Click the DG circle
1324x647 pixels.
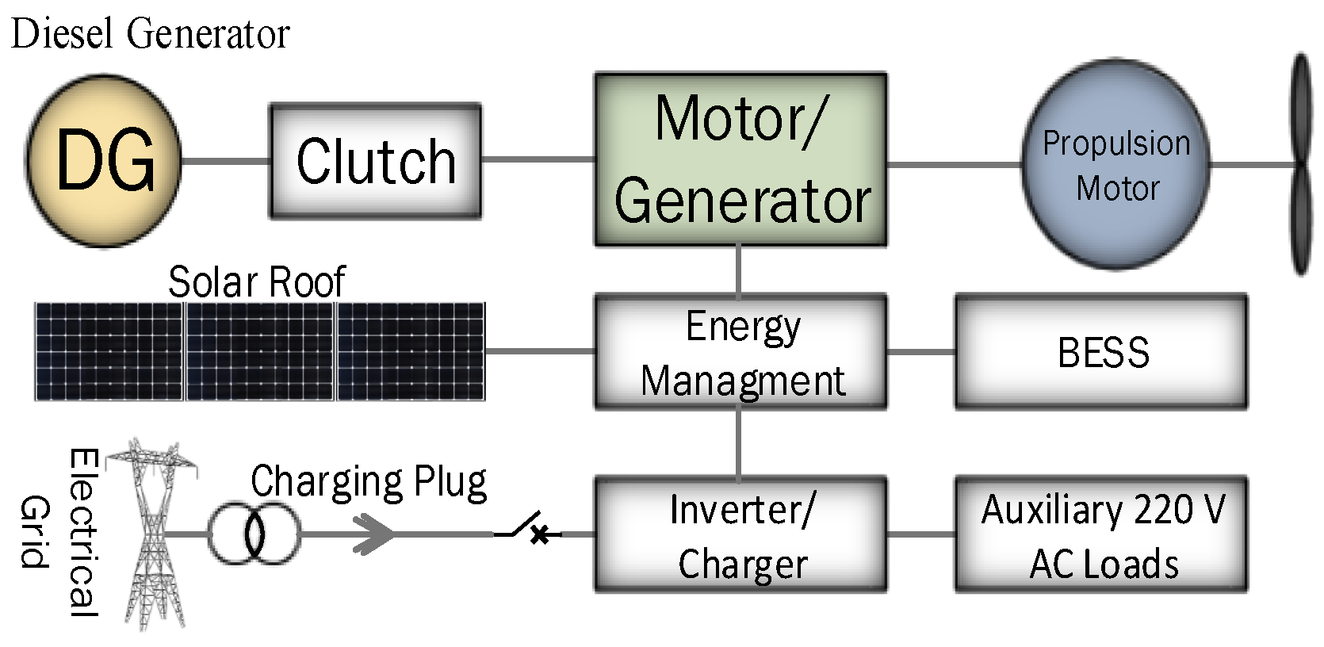[x=104, y=161]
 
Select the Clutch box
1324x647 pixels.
[x=375, y=161]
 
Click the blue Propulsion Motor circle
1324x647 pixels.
[x=1115, y=164]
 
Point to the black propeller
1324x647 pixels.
[x=1300, y=165]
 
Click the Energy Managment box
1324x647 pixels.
[x=740, y=352]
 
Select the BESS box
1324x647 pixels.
[x=1101, y=352]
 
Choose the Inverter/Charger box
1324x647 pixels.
[x=740, y=534]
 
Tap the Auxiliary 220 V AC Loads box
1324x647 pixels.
[x=1101, y=534]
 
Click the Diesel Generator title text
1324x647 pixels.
[x=151, y=33]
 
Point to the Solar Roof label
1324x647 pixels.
[x=257, y=282]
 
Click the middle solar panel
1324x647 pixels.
[x=259, y=351]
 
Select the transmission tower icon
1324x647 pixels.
[x=152, y=533]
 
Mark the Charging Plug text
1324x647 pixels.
[x=369, y=482]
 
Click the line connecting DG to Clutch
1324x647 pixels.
[x=226, y=161]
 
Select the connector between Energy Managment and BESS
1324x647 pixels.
[x=920, y=351]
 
